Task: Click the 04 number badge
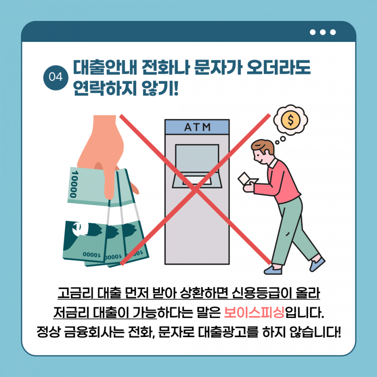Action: [x=56, y=77]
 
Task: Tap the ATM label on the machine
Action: [x=197, y=127]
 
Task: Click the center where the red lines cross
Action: [x=196, y=189]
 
